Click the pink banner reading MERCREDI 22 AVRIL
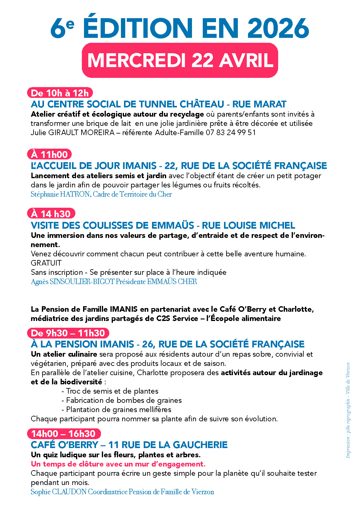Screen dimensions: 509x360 pyautogui.click(x=180, y=60)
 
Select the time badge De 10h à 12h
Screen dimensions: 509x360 pyautogui.click(x=60, y=93)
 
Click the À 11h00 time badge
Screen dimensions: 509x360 pyautogui.click(x=50, y=154)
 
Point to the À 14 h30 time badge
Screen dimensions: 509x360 pyautogui.click(x=51, y=214)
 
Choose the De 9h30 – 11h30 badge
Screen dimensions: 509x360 pyautogui.click(x=68, y=333)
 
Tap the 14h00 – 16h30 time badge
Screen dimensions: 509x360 pyautogui.click(x=64, y=434)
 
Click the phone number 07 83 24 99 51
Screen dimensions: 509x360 pyautogui.click(x=231, y=133)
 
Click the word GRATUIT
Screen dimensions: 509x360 pyautogui.click(x=46, y=263)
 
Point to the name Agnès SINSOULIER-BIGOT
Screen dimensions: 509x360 pyautogui.click(x=73, y=282)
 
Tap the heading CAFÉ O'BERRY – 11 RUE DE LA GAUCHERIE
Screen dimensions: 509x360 pyautogui.click(x=129, y=445)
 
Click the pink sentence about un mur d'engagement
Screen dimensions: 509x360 pyautogui.click(x=118, y=464)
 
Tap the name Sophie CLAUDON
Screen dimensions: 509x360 pyautogui.click(x=59, y=492)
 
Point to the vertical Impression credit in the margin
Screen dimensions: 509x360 pyautogui.click(x=348, y=410)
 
